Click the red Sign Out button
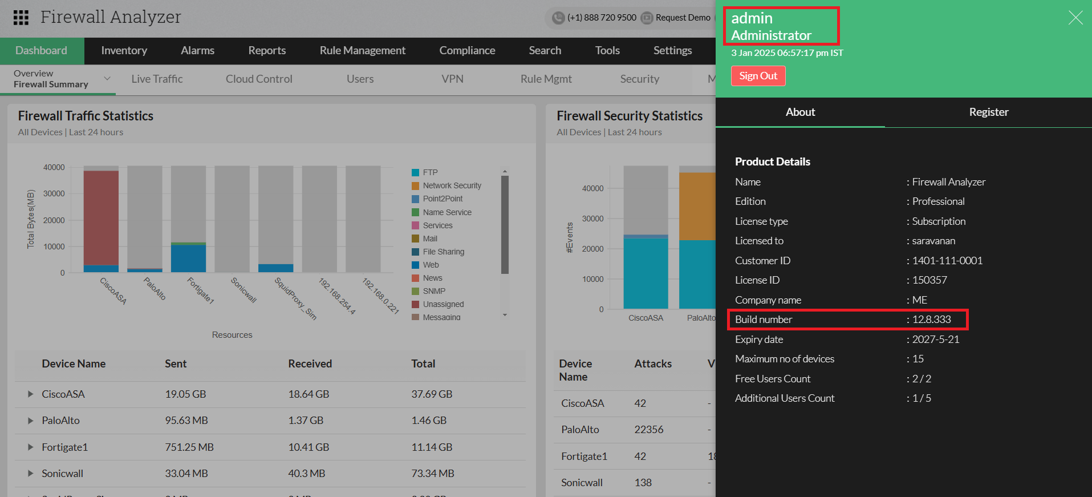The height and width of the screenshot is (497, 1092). (758, 76)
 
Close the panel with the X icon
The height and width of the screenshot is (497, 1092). (1075, 18)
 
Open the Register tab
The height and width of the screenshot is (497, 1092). (988, 112)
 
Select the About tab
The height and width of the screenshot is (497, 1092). (800, 112)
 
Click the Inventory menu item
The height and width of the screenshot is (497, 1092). (124, 51)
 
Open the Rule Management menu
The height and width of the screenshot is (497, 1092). (362, 51)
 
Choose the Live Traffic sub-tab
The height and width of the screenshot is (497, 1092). (157, 79)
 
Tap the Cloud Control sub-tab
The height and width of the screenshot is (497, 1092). (259, 79)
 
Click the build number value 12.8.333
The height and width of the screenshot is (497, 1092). (931, 320)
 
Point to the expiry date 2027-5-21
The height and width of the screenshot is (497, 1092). (935, 340)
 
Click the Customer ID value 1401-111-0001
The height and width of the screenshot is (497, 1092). (947, 261)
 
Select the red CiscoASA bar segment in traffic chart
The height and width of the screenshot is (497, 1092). (101, 217)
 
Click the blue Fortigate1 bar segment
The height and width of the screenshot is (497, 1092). (188, 258)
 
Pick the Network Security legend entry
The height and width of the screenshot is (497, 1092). (452, 186)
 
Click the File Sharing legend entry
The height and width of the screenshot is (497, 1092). (443, 252)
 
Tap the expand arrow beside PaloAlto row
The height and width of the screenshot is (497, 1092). (30, 421)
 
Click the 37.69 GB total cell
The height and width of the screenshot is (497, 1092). (432, 394)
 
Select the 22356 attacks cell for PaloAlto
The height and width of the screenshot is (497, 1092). (648, 430)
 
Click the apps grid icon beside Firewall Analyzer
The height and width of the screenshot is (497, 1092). (21, 18)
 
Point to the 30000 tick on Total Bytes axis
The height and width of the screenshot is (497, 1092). (54, 194)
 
